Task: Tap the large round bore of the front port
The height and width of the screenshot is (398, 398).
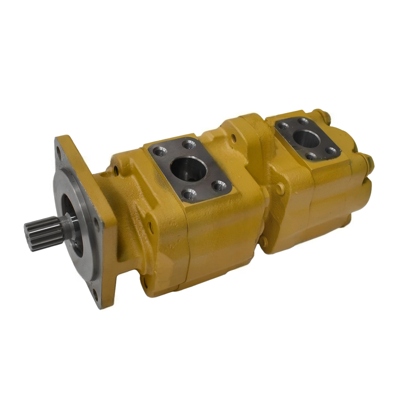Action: click(x=188, y=168)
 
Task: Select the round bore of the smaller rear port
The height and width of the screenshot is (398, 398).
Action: click(x=306, y=138)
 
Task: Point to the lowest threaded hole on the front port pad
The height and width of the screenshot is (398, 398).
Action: click(x=189, y=193)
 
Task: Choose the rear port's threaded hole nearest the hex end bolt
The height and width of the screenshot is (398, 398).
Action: click(x=331, y=151)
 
